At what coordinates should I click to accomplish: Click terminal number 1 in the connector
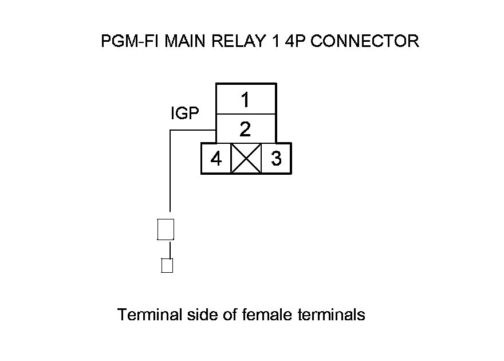coord(245,100)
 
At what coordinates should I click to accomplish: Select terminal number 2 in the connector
coord(245,129)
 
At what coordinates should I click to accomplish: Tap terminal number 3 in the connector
coord(276,158)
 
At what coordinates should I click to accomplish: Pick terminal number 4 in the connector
coord(216,158)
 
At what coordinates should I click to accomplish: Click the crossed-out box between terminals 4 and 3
coord(246,158)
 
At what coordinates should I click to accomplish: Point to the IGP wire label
coord(185,113)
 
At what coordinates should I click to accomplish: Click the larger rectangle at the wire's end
coord(165,229)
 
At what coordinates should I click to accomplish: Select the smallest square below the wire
coord(167,265)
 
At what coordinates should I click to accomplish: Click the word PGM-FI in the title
coord(129,41)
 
